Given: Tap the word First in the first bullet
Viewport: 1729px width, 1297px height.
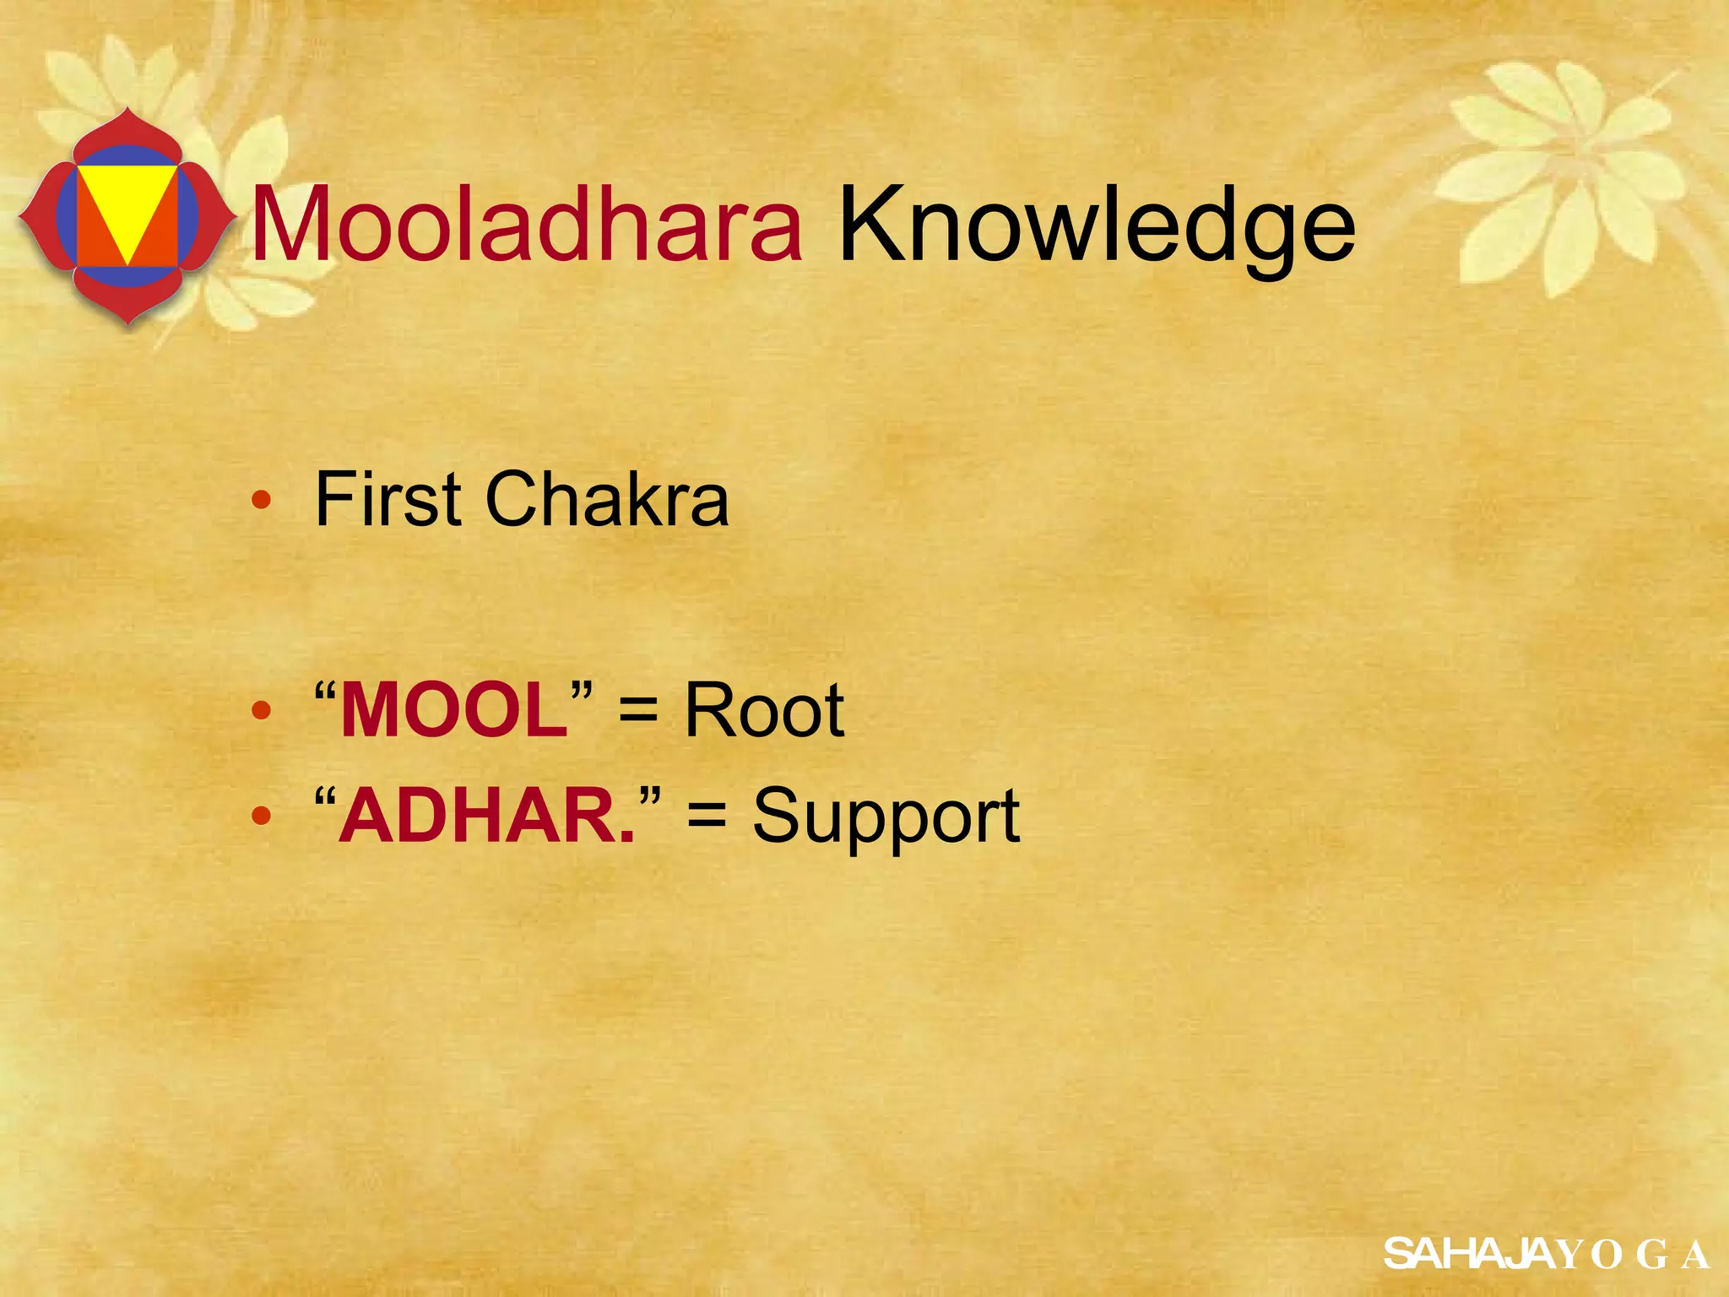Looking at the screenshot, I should point(388,500).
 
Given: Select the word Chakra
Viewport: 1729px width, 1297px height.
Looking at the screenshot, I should point(606,500).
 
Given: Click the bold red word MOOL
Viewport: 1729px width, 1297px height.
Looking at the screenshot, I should point(453,711).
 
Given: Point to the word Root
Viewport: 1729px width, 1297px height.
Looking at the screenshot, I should point(763,711).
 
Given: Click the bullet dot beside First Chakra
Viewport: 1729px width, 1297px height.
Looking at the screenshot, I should point(262,500).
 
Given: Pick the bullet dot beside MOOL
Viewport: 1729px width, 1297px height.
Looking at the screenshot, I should point(262,711).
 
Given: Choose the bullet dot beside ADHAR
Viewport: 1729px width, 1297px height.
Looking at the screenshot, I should point(262,816).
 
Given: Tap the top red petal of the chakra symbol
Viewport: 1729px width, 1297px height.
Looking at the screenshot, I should point(126,131).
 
